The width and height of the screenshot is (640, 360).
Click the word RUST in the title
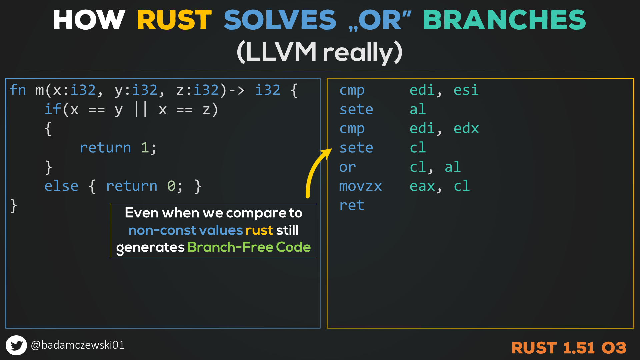tap(174, 20)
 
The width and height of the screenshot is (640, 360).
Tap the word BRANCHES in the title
tap(504, 20)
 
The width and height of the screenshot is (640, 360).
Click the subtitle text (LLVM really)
tap(320, 52)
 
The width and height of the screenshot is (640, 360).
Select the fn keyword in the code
tap(18, 90)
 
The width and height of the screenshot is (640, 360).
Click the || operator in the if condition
tap(140, 109)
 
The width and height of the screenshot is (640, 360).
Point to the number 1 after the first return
tap(145, 148)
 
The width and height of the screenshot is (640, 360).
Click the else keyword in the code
tap(61, 186)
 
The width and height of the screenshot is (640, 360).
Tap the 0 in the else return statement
tap(171, 186)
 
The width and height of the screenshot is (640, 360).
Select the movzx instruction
tap(360, 186)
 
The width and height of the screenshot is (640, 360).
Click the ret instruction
tap(352, 205)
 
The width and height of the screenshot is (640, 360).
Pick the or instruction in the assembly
tap(348, 167)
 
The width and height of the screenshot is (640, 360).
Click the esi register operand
tap(466, 90)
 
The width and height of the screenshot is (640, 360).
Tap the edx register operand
tap(466, 128)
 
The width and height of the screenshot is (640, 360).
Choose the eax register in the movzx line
tap(422, 186)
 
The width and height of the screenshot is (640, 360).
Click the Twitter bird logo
tap(16, 345)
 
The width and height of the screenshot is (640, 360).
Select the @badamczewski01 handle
tap(78, 345)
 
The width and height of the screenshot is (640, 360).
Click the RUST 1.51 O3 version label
tap(569, 348)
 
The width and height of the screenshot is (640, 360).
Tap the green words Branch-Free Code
tap(249, 247)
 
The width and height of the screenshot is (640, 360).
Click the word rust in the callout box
tap(259, 230)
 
